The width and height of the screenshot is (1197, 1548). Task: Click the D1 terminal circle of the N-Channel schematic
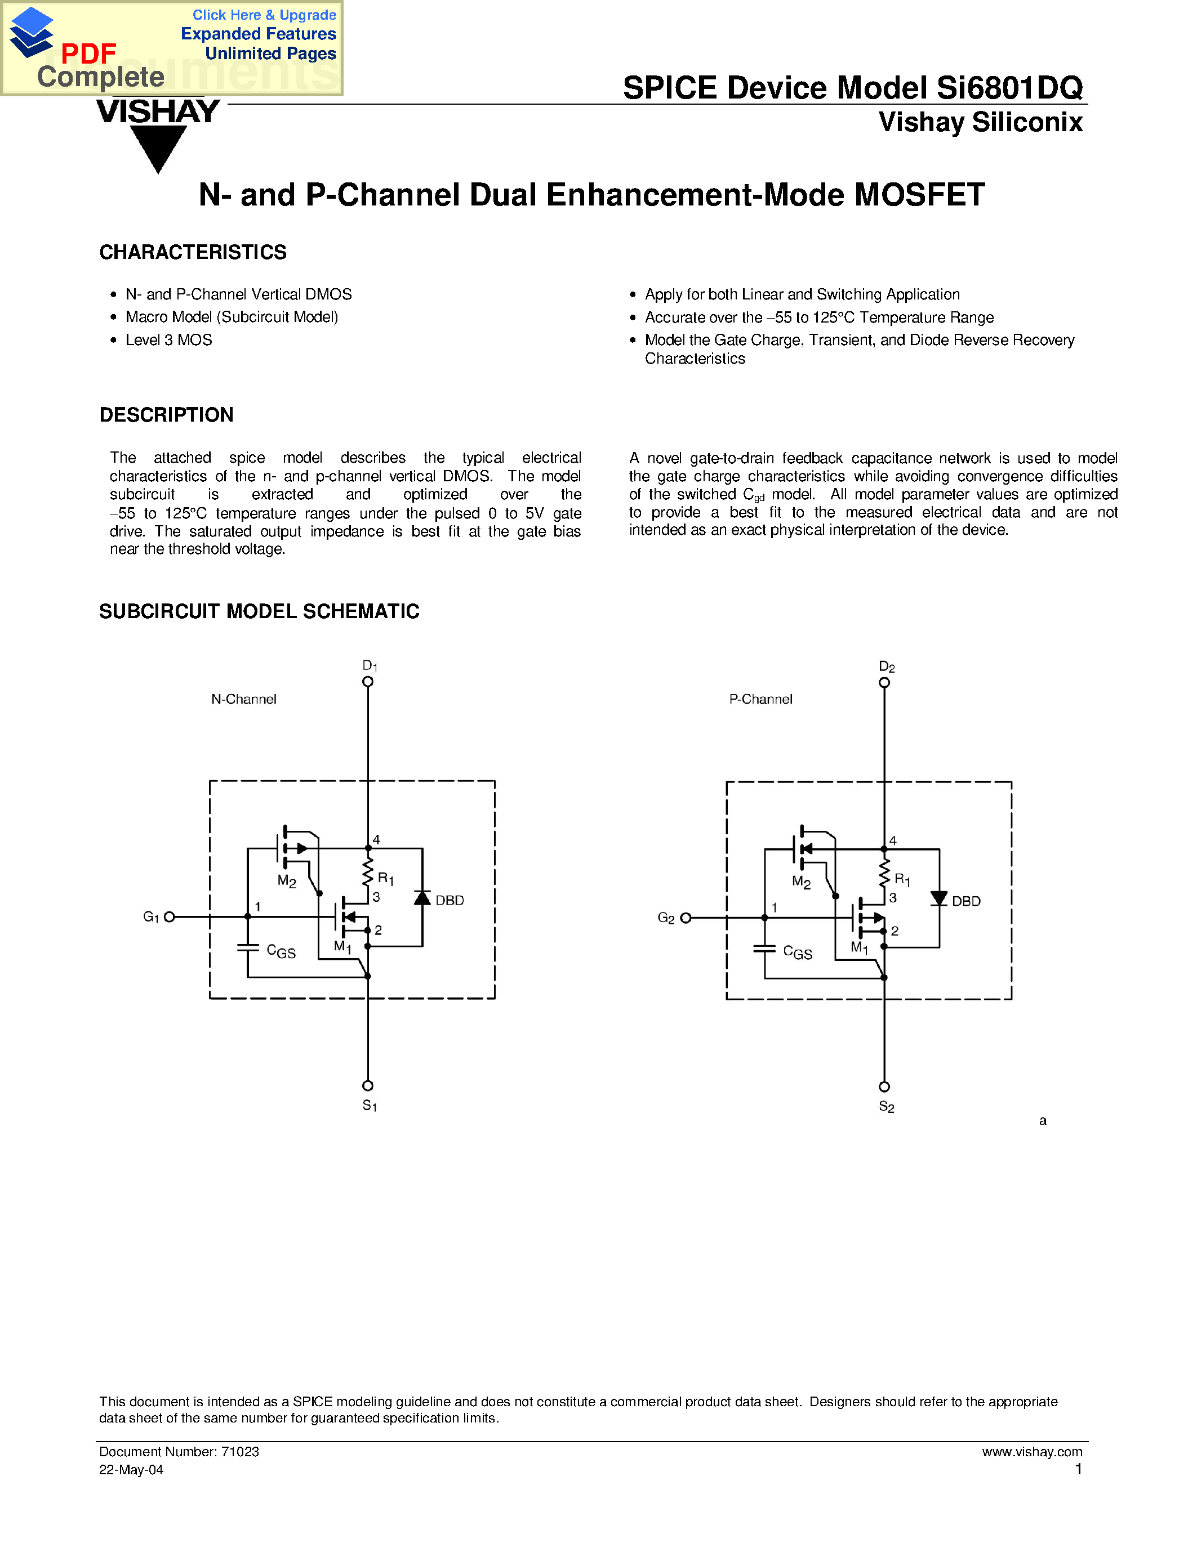[x=367, y=682]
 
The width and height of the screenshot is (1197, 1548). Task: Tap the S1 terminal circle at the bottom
[x=367, y=1086]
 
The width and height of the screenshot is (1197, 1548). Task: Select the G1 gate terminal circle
[x=170, y=916]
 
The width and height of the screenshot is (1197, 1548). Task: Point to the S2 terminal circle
[x=884, y=1086]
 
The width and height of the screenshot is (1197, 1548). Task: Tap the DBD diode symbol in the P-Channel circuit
[x=939, y=899]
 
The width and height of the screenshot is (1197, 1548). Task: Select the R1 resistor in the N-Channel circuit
[x=367, y=873]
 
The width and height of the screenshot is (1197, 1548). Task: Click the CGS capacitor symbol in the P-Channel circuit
[x=764, y=949]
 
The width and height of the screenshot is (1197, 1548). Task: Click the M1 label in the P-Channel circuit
[x=860, y=947]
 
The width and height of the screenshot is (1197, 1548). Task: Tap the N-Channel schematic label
[x=243, y=699]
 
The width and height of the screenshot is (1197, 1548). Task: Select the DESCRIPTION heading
[x=166, y=415]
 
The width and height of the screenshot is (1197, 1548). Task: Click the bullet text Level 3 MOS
[x=169, y=340]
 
